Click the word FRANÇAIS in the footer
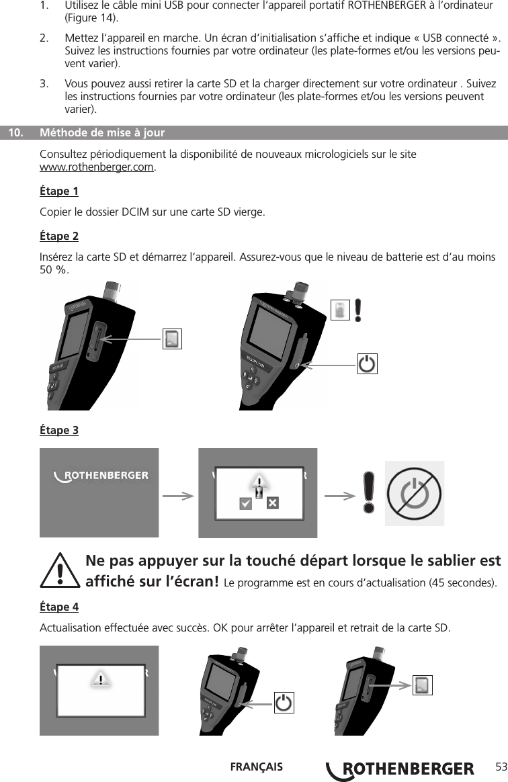pos(256,767)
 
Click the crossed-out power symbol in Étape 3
pos(415,494)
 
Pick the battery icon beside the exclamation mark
pos(341,310)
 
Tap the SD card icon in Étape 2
pos(173,339)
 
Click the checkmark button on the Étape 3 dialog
pos(246,503)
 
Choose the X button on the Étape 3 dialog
pos(273,503)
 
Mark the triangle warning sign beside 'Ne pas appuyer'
pos(65,571)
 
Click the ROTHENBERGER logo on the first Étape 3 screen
pos(101,476)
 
